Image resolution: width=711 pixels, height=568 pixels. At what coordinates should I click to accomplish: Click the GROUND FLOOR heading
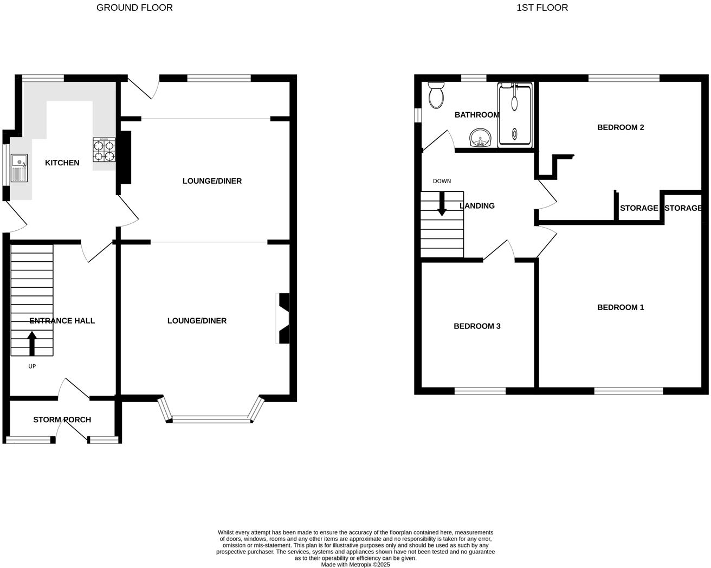coord(134,8)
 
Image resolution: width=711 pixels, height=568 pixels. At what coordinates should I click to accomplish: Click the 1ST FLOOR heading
coord(542,8)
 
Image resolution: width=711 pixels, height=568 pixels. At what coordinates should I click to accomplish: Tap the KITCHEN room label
coord(62,163)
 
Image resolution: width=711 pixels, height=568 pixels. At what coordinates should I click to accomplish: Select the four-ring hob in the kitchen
coord(104,150)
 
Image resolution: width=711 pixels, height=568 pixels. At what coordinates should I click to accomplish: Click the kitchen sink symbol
coord(19,167)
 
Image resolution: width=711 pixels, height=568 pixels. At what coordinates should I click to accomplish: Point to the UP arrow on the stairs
coord(32,343)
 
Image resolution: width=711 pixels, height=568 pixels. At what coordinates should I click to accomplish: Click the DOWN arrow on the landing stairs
coord(442,204)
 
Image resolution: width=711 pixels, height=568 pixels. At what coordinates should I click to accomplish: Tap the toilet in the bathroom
coord(435,95)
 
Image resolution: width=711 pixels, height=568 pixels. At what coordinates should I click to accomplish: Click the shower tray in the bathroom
coord(515,114)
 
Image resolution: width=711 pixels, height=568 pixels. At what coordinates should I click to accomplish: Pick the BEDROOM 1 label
coord(620,307)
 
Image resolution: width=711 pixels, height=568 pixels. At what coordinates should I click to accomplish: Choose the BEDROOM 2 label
coord(620,127)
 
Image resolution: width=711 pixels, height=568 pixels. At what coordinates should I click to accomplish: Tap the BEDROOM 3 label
coord(477,326)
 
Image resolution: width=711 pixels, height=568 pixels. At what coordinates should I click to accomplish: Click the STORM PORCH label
coord(62,419)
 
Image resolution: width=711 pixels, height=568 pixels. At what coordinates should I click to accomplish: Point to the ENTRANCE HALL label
coord(62,320)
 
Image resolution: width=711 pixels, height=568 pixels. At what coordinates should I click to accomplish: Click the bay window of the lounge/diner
coord(211,418)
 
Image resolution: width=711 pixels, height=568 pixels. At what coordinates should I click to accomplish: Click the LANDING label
coord(477,205)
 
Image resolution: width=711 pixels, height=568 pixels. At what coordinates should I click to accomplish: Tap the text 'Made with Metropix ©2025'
coord(355,564)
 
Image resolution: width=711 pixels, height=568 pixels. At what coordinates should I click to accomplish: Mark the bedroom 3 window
coord(480,390)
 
